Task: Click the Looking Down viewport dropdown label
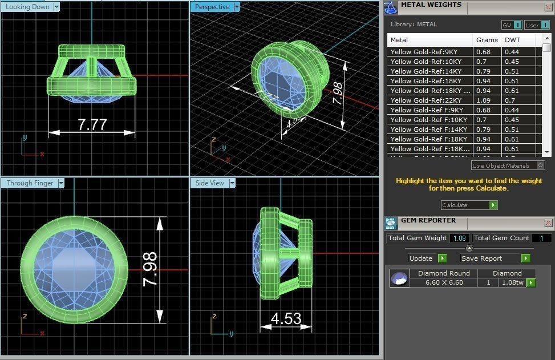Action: pyautogui.click(x=29, y=7)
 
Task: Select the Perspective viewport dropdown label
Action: pyautogui.click(x=212, y=7)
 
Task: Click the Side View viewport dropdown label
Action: pyautogui.click(x=210, y=183)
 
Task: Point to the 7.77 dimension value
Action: pyautogui.click(x=92, y=124)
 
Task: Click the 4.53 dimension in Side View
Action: pyautogui.click(x=286, y=318)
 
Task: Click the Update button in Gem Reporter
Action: pyautogui.click(x=422, y=258)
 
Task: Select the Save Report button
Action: pyautogui.click(x=481, y=258)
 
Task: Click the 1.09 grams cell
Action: pyautogui.click(x=483, y=100)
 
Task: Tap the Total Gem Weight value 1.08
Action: pyautogui.click(x=459, y=238)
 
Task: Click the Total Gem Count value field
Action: pyautogui.click(x=541, y=238)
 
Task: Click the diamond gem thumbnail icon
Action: pyautogui.click(x=399, y=278)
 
